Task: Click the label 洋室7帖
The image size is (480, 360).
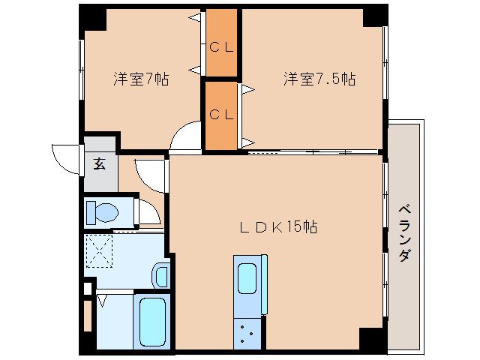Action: pyautogui.click(x=140, y=78)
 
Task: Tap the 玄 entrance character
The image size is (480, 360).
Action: pyautogui.click(x=99, y=164)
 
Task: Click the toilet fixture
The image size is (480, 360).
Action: pyautogui.click(x=101, y=212)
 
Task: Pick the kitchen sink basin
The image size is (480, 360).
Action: pyautogui.click(x=248, y=277)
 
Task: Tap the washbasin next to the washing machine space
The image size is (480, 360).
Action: pyautogui.click(x=160, y=275)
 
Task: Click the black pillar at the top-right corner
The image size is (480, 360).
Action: pyautogui.click(x=373, y=16)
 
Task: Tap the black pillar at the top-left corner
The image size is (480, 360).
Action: pyautogui.click(x=88, y=16)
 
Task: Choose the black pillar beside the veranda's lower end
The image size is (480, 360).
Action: pyautogui.click(x=372, y=339)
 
